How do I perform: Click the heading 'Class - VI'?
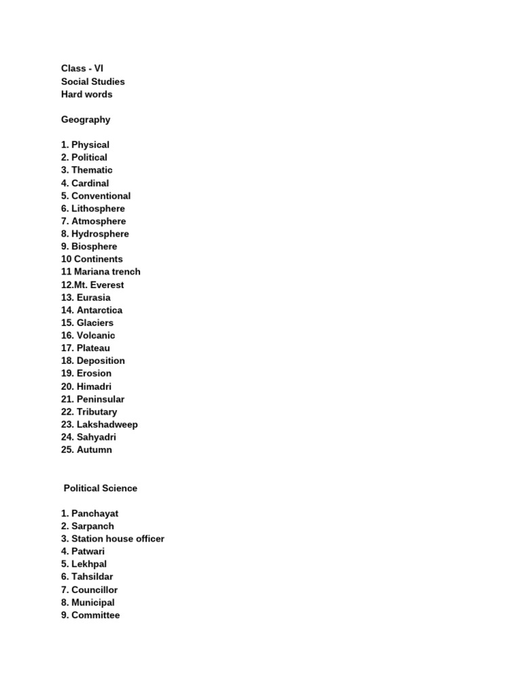tap(82, 68)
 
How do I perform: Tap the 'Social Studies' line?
tap(93, 81)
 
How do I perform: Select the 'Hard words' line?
tap(87, 94)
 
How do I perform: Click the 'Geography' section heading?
tap(85, 119)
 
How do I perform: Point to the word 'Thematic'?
tap(92, 170)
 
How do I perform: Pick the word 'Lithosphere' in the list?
tap(98, 208)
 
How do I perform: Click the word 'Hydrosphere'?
tap(100, 234)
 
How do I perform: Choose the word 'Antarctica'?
tap(100, 310)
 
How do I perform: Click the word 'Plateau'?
tap(93, 348)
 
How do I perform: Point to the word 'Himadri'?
tap(95, 386)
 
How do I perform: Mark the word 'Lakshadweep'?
tap(107, 424)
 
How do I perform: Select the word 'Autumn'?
tap(94, 449)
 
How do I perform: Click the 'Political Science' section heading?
tap(100, 488)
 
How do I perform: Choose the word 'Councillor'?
tap(95, 590)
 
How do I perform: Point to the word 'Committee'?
tap(95, 615)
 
